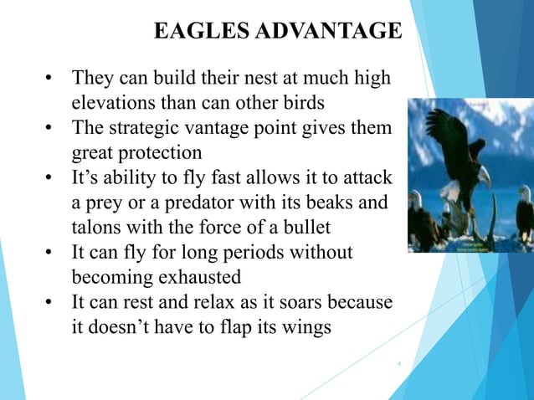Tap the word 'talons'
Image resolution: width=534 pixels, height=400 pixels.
coord(94,227)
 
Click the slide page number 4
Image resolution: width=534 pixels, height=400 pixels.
coord(399,364)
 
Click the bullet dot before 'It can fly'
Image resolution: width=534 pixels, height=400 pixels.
coord(49,252)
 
